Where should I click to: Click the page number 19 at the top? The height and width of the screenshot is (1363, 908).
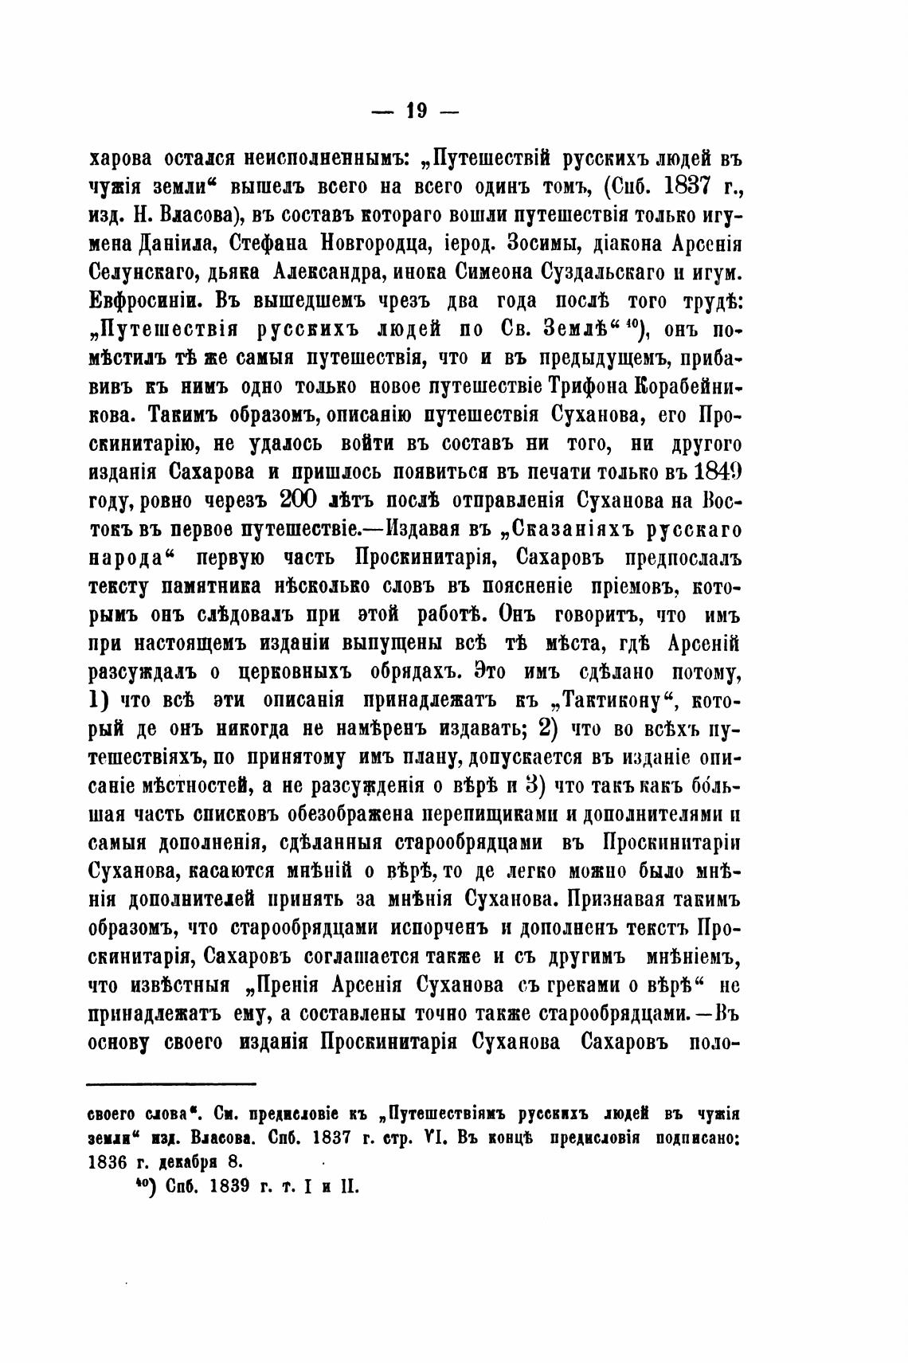point(416,112)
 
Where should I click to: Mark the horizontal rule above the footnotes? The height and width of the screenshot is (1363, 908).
point(170,1083)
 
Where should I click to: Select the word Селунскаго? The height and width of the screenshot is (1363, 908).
point(147,271)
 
